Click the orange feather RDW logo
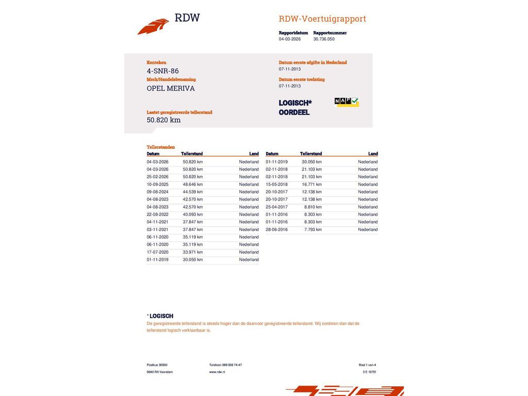(153, 26)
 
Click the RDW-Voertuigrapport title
(322, 19)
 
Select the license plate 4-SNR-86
(162, 71)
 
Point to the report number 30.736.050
(324, 39)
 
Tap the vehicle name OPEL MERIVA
(171, 88)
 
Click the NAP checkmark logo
(346, 102)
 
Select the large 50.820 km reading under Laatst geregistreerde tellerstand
(163, 120)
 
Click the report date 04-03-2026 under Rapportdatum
(290, 39)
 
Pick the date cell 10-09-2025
(157, 184)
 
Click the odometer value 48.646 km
(193, 184)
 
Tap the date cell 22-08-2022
(157, 214)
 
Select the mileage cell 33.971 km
(193, 252)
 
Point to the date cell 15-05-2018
(276, 184)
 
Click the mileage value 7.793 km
(313, 229)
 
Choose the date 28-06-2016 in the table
(276, 229)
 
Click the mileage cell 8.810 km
(313, 207)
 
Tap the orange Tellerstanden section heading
(161, 147)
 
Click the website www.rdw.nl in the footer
(217, 372)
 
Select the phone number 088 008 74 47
(232, 365)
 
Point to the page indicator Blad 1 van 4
(367, 365)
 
